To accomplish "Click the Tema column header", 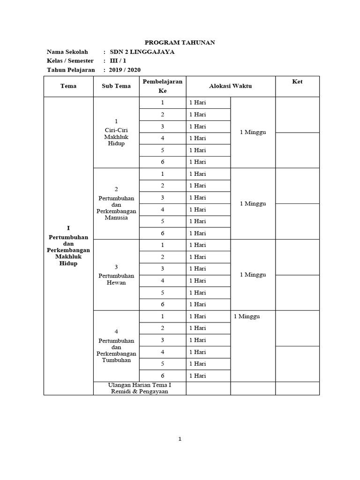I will (x=68, y=86).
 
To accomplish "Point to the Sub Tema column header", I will (x=116, y=86).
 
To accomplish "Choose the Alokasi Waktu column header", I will (x=230, y=86).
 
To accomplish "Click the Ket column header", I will (x=297, y=82).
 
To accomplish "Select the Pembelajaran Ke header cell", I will (x=162, y=86).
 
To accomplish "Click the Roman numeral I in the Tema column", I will (x=68, y=228).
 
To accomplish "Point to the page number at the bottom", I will (x=180, y=439).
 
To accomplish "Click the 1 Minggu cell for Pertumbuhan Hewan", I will (x=253, y=275).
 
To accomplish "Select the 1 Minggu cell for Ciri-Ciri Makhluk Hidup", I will (x=253, y=132).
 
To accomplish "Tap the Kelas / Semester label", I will (x=70, y=61).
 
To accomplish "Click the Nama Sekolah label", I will (x=68, y=52).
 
